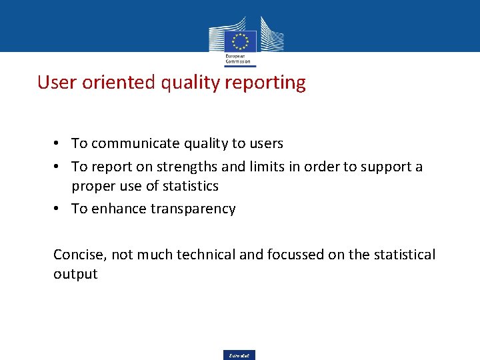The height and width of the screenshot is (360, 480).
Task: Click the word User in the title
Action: tap(53, 83)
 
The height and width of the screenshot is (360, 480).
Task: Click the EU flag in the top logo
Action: tap(240, 41)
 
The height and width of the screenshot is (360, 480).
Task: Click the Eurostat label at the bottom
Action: tap(239, 355)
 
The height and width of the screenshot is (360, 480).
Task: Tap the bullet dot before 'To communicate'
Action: tap(59, 143)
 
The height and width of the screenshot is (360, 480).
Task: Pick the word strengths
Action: tap(177, 166)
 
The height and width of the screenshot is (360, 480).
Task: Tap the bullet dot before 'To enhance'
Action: tap(59, 209)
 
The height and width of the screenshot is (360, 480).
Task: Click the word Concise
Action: tap(79, 254)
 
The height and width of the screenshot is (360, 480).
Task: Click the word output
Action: tap(75, 274)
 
